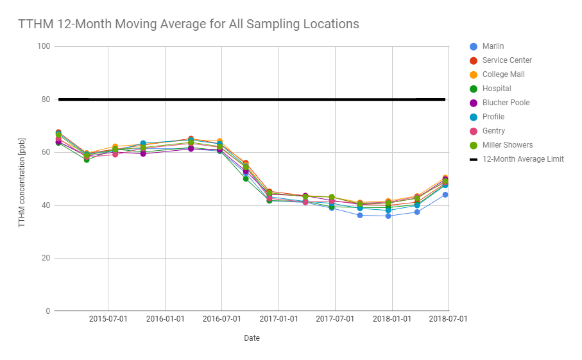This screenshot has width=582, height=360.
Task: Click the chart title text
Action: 189,24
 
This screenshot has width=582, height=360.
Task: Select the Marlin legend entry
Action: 492,46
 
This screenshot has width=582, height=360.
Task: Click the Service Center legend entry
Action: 507,60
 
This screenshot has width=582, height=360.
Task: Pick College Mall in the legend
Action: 503,74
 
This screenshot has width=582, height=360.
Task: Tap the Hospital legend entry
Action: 497,89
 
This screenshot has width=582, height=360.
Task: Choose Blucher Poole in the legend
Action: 506,103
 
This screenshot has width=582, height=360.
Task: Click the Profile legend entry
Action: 493,117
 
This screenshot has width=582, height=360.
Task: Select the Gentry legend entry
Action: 493,131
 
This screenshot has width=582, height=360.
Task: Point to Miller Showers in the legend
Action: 507,145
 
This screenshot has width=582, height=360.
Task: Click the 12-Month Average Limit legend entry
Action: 522,159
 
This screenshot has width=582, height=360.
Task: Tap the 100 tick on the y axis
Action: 44,47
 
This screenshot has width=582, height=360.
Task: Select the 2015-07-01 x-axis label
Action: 108,319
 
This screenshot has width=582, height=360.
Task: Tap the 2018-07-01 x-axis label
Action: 448,319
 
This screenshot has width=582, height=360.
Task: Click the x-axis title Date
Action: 252,338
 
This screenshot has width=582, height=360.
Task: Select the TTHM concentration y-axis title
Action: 22,179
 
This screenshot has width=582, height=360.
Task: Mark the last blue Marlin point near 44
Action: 445,194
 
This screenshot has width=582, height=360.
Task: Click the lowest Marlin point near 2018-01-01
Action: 388,216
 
